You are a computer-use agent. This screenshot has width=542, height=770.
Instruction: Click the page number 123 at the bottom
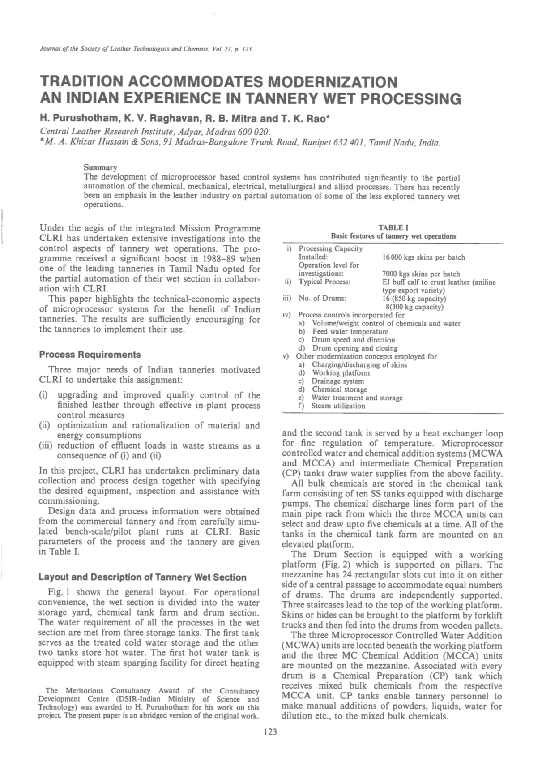tap(270, 731)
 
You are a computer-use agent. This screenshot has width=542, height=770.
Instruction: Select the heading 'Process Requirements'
tap(90, 355)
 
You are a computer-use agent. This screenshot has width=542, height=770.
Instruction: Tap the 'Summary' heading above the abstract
tap(100, 167)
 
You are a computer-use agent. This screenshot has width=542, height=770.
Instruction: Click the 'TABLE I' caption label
tap(393, 227)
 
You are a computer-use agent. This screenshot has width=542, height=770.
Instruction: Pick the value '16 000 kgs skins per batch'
tap(423, 257)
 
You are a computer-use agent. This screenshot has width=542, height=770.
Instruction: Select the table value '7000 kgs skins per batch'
tap(421, 274)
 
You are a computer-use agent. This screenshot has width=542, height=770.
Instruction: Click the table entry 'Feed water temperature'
tap(350, 332)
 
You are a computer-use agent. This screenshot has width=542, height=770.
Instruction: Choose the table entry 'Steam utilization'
tap(338, 406)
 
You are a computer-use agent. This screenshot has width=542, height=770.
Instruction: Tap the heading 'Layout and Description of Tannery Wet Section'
tap(142, 577)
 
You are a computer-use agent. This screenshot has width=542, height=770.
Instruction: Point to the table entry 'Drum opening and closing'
tap(354, 348)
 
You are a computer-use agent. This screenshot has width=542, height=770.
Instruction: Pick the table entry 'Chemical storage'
tap(339, 389)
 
